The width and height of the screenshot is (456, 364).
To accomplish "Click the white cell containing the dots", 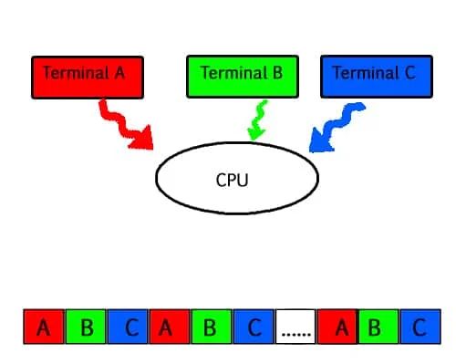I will [x=295, y=327].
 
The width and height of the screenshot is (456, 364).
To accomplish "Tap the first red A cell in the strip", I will [x=43, y=327].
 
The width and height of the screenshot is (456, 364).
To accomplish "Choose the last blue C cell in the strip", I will [x=420, y=327].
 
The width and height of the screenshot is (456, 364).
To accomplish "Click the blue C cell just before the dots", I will [x=254, y=327].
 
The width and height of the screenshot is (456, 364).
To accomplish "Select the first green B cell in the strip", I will [x=86, y=327].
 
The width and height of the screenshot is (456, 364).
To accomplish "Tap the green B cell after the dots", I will [x=378, y=327].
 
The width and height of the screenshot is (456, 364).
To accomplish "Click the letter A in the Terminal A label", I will [x=119, y=72].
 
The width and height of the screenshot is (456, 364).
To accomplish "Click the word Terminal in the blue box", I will [x=361, y=72].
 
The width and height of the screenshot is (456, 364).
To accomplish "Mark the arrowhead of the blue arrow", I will [x=318, y=143].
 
